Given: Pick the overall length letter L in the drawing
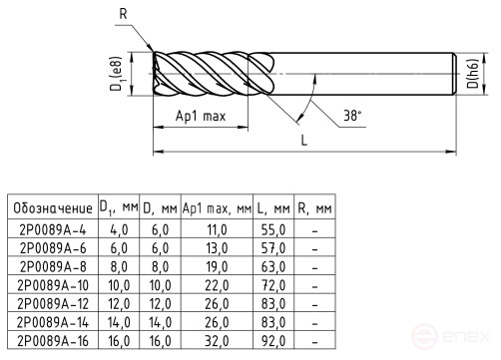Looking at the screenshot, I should (303, 142).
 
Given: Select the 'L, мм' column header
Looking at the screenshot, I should (274, 208).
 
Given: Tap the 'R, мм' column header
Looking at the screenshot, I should (315, 208).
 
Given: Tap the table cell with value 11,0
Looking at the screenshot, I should (217, 229).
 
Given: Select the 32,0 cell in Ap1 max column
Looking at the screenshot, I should (217, 339).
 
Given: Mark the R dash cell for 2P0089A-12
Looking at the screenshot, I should (315, 302).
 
